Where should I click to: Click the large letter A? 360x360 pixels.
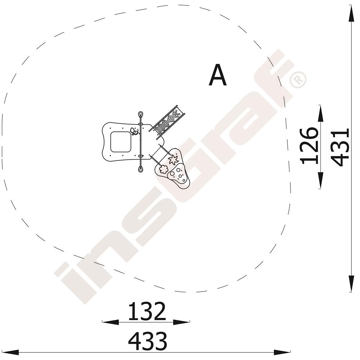point(218,75)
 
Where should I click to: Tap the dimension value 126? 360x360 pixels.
point(309,146)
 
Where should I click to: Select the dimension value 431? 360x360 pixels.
point(341,147)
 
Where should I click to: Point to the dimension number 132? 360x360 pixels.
point(147,311)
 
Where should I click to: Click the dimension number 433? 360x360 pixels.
point(148,341)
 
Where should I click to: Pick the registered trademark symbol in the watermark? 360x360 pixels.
point(298,80)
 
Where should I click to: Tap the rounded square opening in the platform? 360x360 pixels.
point(121,142)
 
